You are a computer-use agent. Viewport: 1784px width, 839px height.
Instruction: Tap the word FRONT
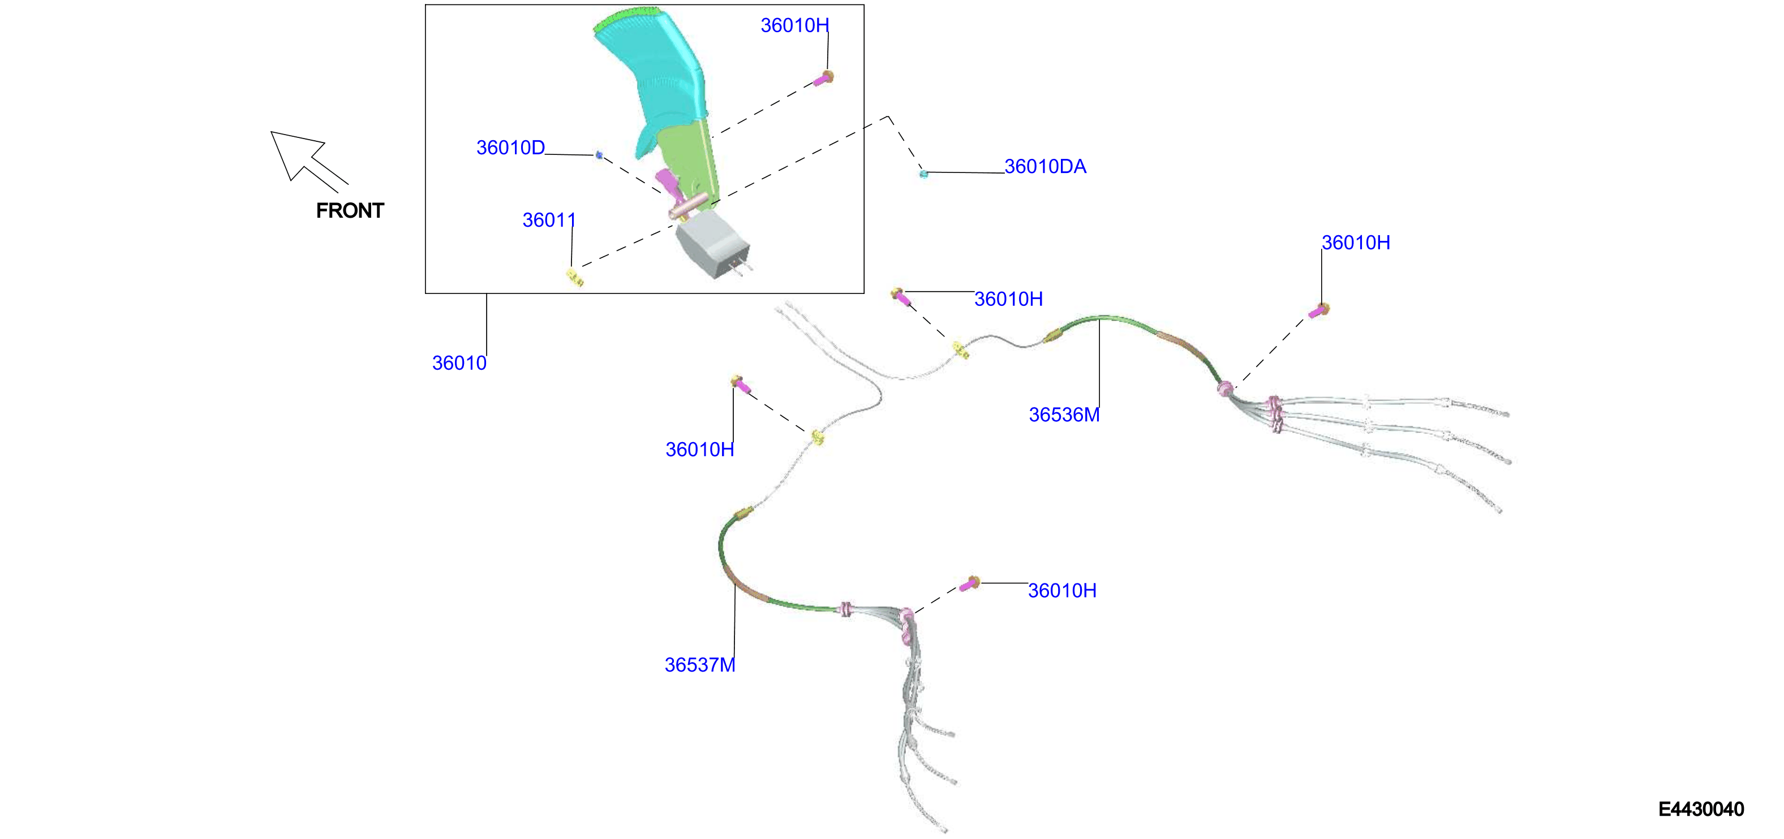pyautogui.click(x=350, y=210)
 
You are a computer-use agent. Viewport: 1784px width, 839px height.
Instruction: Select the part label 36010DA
pyautogui.click(x=1045, y=166)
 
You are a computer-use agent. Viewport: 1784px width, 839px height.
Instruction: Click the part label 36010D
pyautogui.click(x=510, y=148)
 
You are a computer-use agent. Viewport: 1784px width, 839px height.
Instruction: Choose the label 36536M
pyautogui.click(x=1064, y=414)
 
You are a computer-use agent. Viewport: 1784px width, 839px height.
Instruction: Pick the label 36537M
pyautogui.click(x=699, y=664)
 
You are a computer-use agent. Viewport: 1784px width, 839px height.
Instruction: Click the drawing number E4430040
pyautogui.click(x=1701, y=809)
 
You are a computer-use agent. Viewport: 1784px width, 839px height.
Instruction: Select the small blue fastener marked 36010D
pyautogui.click(x=599, y=155)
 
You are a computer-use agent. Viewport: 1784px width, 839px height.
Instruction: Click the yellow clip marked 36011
pyautogui.click(x=575, y=278)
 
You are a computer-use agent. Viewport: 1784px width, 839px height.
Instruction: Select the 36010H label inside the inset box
pyautogui.click(x=794, y=25)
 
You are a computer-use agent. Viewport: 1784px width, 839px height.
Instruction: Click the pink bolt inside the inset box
pyautogui.click(x=823, y=78)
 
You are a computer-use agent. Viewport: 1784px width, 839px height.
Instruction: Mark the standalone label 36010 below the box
pyautogui.click(x=459, y=363)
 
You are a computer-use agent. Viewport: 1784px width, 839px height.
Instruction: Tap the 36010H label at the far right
pyautogui.click(x=1355, y=243)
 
